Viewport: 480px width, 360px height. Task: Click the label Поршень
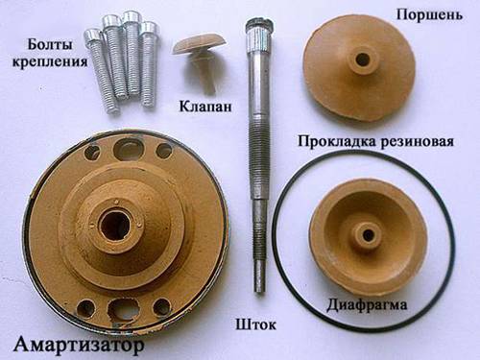[x=429, y=14]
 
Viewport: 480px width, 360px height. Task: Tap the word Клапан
[x=205, y=107]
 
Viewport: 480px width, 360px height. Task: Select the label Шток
[x=255, y=324]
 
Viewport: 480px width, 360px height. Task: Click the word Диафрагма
[x=367, y=304]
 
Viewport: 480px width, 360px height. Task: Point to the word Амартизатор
[x=79, y=345]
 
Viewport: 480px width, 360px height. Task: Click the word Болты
[x=50, y=44]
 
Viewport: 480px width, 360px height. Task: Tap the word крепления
[x=50, y=61]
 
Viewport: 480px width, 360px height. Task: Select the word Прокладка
[x=336, y=141]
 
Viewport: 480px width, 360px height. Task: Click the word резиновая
[x=416, y=141]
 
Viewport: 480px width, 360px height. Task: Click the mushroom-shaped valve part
[x=200, y=60]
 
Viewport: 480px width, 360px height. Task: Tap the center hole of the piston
[x=363, y=59]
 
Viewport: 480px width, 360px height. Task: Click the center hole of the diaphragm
[x=369, y=235]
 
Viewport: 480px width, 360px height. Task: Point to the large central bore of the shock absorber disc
[x=114, y=225]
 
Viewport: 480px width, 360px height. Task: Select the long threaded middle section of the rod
[x=257, y=160]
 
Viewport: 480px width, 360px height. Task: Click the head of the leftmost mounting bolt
[x=92, y=36]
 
